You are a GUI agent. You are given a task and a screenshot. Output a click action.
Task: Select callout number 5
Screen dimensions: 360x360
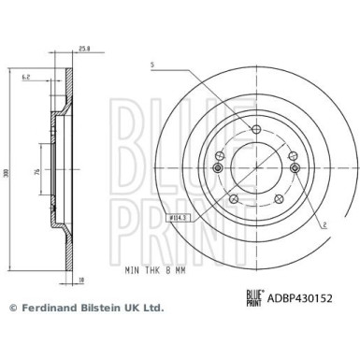pyautogui.click(x=151, y=64)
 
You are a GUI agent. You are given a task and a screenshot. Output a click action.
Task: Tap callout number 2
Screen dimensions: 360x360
pyautogui.click(x=323, y=199)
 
